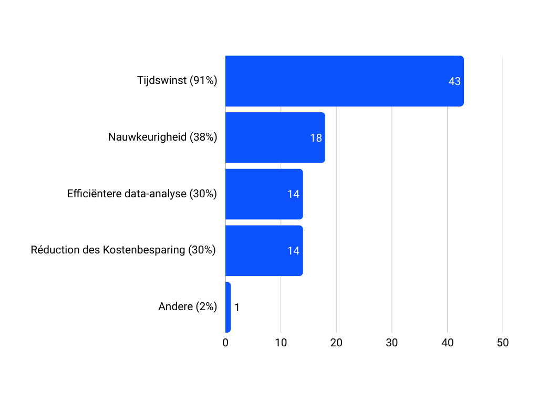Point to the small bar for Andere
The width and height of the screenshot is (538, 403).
pyautogui.click(x=228, y=307)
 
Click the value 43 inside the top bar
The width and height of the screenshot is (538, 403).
pyautogui.click(x=454, y=81)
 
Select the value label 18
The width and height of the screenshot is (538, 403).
pyautogui.click(x=316, y=138)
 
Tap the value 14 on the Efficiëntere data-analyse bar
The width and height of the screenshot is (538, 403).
pyautogui.click(x=293, y=194)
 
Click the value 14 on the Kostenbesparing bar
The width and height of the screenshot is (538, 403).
pyautogui.click(x=293, y=251)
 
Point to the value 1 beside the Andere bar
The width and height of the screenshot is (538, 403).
pyautogui.click(x=237, y=307)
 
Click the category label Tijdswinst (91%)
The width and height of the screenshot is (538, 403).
pyautogui.click(x=177, y=81)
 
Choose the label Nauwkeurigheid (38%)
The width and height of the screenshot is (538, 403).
pyautogui.click(x=163, y=137)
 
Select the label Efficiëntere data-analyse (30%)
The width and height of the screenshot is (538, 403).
pyautogui.click(x=142, y=194)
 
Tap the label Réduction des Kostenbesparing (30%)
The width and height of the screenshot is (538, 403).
pyautogui.click(x=123, y=250)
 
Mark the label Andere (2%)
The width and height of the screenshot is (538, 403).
pyautogui.click(x=188, y=307)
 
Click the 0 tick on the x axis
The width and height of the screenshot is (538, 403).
pyautogui.click(x=225, y=343)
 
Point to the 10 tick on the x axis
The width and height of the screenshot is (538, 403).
pyautogui.click(x=281, y=343)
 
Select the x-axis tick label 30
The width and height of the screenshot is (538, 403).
pyautogui.click(x=392, y=343)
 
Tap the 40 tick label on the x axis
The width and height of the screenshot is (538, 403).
pyautogui.click(x=447, y=343)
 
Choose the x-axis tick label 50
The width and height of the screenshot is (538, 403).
pyautogui.click(x=503, y=343)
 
